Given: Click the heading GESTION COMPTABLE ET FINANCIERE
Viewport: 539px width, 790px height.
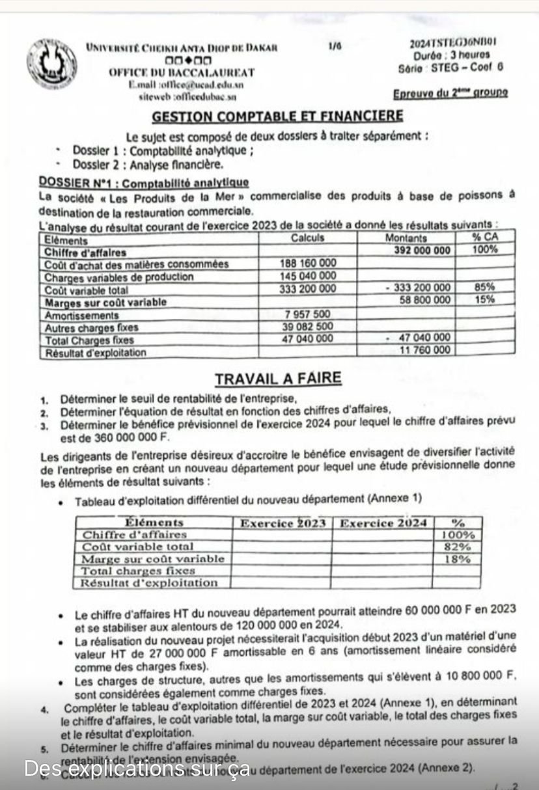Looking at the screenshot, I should coord(277,116).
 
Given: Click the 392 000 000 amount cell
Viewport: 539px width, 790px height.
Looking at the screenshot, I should coord(424,251).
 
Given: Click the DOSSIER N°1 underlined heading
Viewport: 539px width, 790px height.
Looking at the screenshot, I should coord(144,182).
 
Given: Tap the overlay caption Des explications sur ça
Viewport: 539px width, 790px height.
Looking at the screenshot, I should coord(137,768).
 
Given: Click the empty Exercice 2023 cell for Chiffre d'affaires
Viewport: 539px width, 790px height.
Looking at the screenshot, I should coord(282,535).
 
